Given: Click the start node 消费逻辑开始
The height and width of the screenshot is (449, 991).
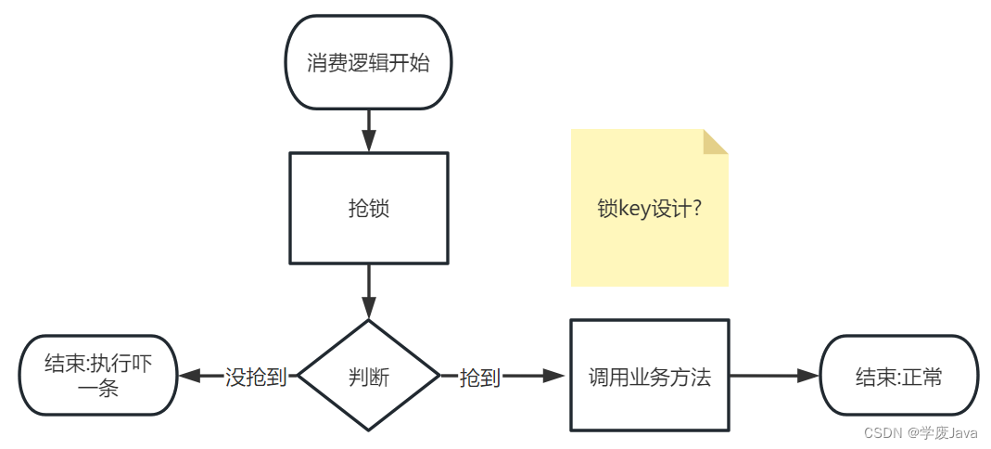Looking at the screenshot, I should [x=368, y=62].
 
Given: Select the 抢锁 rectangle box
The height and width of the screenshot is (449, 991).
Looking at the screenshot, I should [x=369, y=208].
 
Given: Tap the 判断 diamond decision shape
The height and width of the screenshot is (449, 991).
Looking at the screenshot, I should [x=369, y=376].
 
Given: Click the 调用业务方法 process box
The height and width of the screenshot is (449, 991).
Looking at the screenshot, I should [x=649, y=376].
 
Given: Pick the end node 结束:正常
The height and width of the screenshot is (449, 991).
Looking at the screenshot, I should [x=898, y=376].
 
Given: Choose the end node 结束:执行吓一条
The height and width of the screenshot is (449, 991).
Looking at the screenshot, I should [x=97, y=376].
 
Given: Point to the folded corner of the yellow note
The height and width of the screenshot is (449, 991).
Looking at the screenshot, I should [x=715, y=141].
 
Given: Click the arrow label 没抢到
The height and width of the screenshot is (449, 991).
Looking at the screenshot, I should [x=256, y=377].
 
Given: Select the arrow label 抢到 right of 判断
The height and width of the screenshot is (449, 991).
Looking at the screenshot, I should [x=480, y=377].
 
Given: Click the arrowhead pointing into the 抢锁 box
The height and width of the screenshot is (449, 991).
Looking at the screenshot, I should [x=369, y=141].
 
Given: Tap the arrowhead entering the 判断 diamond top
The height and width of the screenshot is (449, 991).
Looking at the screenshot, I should [x=369, y=308].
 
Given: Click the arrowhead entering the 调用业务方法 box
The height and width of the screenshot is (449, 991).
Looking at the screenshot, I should [x=554, y=376].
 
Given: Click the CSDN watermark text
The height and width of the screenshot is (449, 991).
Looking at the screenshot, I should [x=883, y=433].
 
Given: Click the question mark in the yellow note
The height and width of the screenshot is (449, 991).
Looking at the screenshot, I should [x=696, y=209].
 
